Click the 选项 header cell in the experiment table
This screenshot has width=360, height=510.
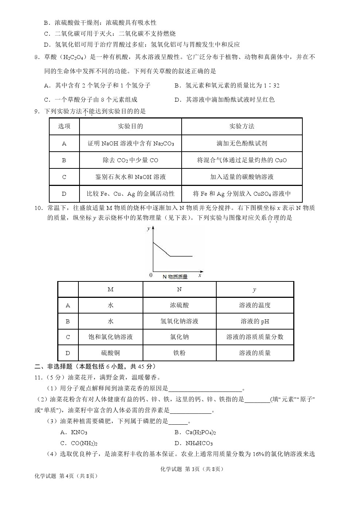click(x=64, y=126)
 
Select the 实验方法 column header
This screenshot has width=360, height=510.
click(x=241, y=126)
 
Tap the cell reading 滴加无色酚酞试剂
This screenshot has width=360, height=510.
click(x=241, y=143)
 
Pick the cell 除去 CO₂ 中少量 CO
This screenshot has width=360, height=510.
click(x=130, y=160)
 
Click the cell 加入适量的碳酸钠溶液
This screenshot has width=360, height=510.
click(x=241, y=177)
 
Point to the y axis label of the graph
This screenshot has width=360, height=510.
click(x=148, y=229)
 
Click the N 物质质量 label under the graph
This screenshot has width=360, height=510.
click(x=175, y=277)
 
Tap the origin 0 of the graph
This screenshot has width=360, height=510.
click(x=151, y=275)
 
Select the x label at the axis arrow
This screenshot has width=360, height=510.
click(x=200, y=276)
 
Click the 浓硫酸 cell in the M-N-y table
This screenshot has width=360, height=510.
click(x=179, y=305)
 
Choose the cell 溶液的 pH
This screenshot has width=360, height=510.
click(x=255, y=321)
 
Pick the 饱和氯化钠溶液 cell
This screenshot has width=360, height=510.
click(x=111, y=337)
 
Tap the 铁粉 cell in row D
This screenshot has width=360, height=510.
click(x=179, y=353)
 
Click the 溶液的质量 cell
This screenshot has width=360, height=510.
click(x=255, y=353)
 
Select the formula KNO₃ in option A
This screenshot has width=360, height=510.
click(x=79, y=433)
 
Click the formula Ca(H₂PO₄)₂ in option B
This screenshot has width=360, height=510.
click(x=201, y=433)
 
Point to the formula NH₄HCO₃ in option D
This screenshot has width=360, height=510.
click(x=199, y=444)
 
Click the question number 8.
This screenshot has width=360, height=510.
click(x=37, y=57)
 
